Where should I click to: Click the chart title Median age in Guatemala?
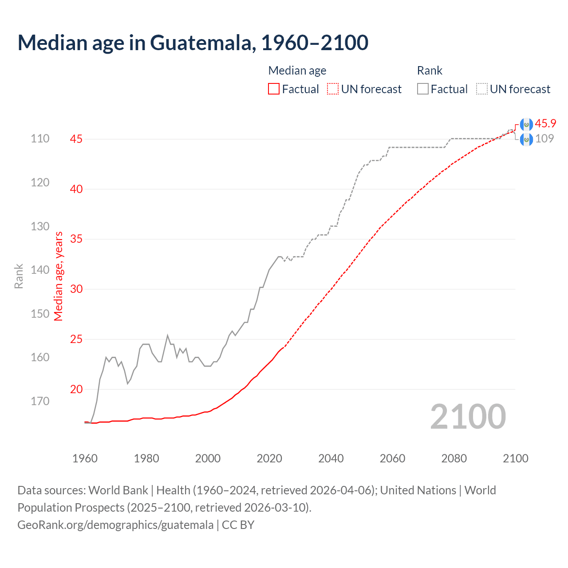point(193,43)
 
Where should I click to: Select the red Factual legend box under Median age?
point(274,89)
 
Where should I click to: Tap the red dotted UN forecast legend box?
point(333,89)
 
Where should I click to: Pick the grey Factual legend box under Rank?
point(423,89)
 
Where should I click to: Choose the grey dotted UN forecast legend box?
point(482,89)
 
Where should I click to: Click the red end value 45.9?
point(545,123)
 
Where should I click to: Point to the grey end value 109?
point(544,138)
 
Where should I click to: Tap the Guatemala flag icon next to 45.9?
point(526,125)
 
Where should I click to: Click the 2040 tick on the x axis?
point(331,458)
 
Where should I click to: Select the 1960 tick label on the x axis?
point(85,458)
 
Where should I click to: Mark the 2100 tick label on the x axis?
point(515,458)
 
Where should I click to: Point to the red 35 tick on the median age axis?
point(76,239)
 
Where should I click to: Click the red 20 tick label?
point(76,389)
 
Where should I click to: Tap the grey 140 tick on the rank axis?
point(40,270)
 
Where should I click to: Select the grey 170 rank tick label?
point(40,401)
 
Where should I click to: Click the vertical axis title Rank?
point(19,276)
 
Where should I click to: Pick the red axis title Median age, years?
point(59,276)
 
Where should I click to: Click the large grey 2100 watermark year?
point(468,417)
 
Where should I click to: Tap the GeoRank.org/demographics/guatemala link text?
point(115,525)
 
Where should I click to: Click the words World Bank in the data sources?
point(118,490)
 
